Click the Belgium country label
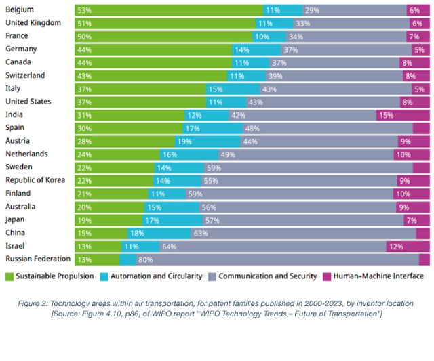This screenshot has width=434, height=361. (20, 9)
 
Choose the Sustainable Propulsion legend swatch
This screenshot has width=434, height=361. (10, 276)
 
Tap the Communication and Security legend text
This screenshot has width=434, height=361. (268, 276)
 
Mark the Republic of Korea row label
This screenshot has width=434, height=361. (35, 180)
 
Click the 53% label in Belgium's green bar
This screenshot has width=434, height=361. (85, 10)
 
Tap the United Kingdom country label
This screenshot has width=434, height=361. (33, 22)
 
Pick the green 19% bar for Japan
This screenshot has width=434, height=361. (108, 219)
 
